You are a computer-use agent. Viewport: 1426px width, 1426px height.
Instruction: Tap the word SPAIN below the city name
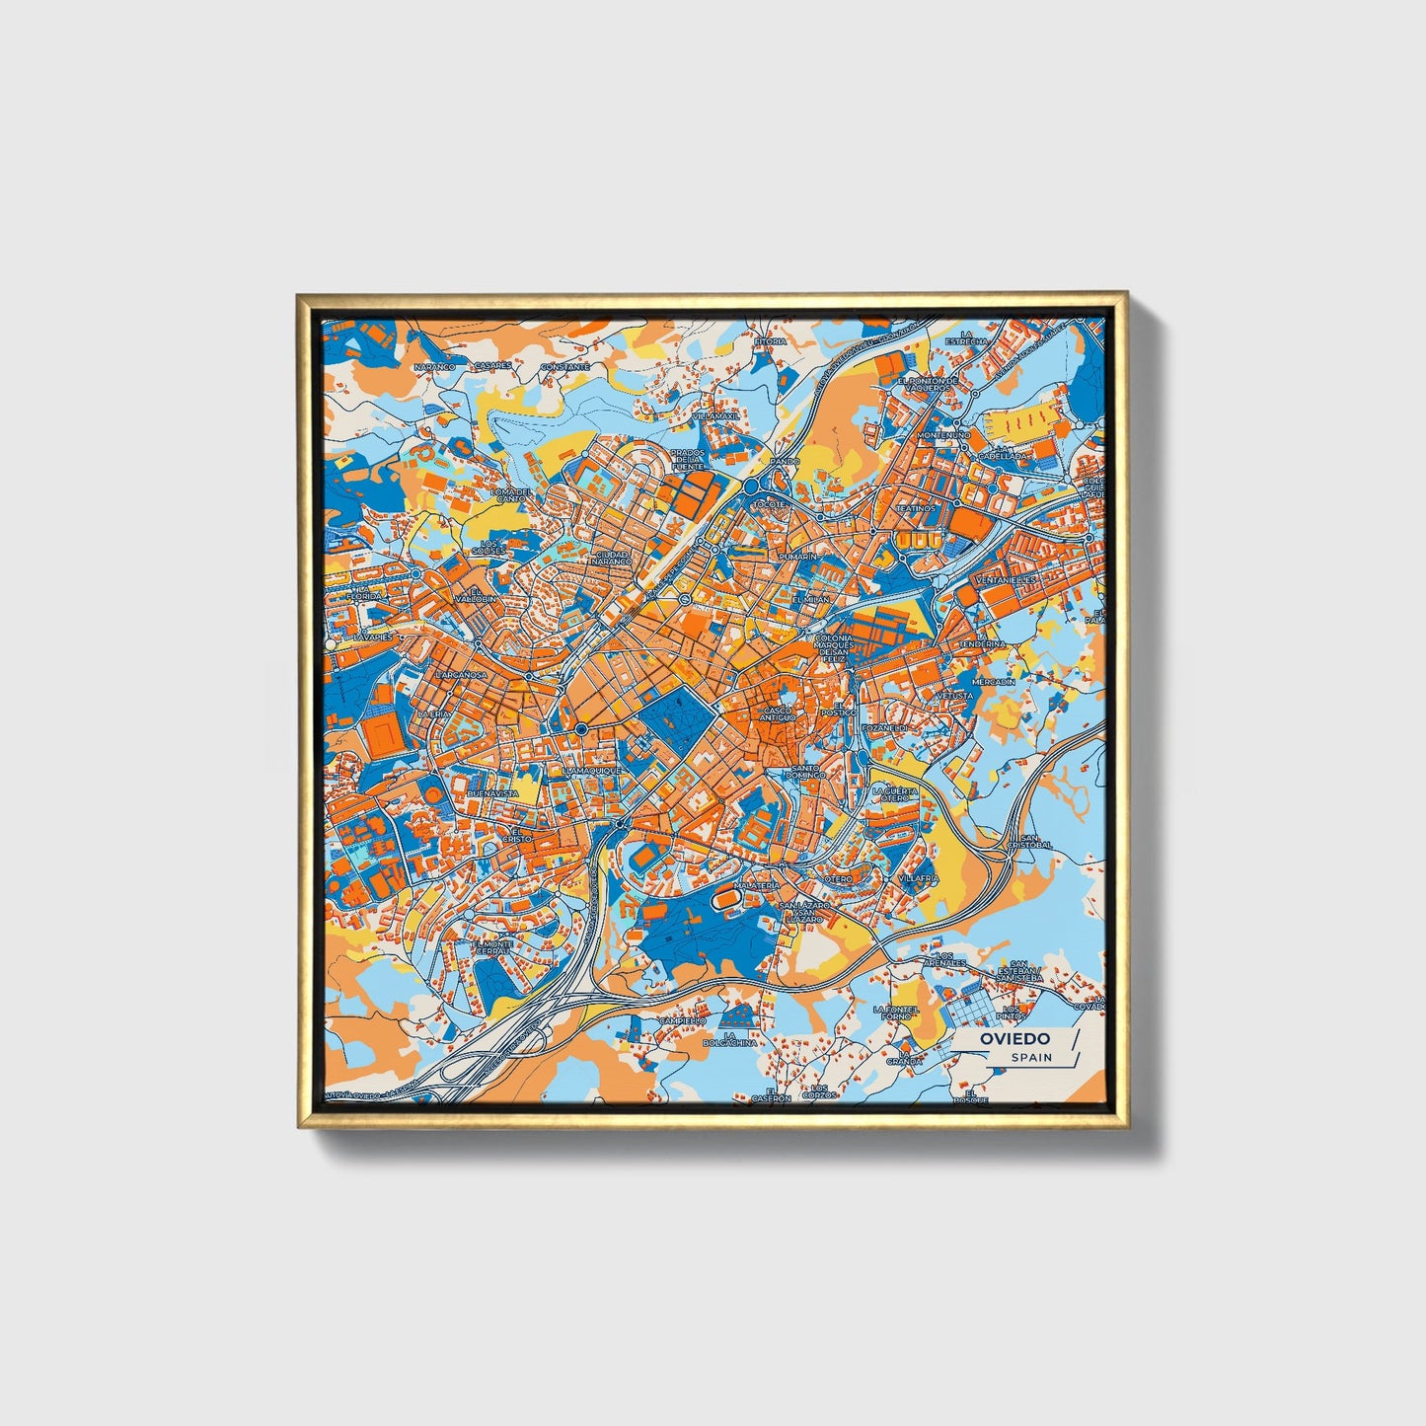point(1031,1057)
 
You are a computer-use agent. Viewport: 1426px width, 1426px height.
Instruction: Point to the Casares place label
point(492,364)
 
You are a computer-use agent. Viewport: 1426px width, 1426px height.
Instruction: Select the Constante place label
point(564,366)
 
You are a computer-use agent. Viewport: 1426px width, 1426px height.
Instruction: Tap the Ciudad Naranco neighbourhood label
point(613,558)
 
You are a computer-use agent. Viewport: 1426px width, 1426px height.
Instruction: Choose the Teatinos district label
point(915,508)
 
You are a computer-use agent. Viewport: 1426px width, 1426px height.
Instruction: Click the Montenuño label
point(943,434)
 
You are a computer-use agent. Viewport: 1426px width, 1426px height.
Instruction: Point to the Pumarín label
point(798,557)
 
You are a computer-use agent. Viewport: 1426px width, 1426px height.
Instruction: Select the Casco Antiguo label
point(778,713)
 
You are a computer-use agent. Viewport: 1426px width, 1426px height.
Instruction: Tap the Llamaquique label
point(591,770)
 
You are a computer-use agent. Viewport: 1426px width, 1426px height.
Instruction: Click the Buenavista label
point(492,793)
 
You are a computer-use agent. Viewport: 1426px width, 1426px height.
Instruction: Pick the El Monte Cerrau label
point(492,947)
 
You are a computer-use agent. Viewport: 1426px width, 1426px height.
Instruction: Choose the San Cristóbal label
point(1029,842)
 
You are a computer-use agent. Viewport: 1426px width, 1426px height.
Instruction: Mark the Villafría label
point(919,877)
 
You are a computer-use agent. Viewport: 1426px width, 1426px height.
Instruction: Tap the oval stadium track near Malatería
point(727,899)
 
